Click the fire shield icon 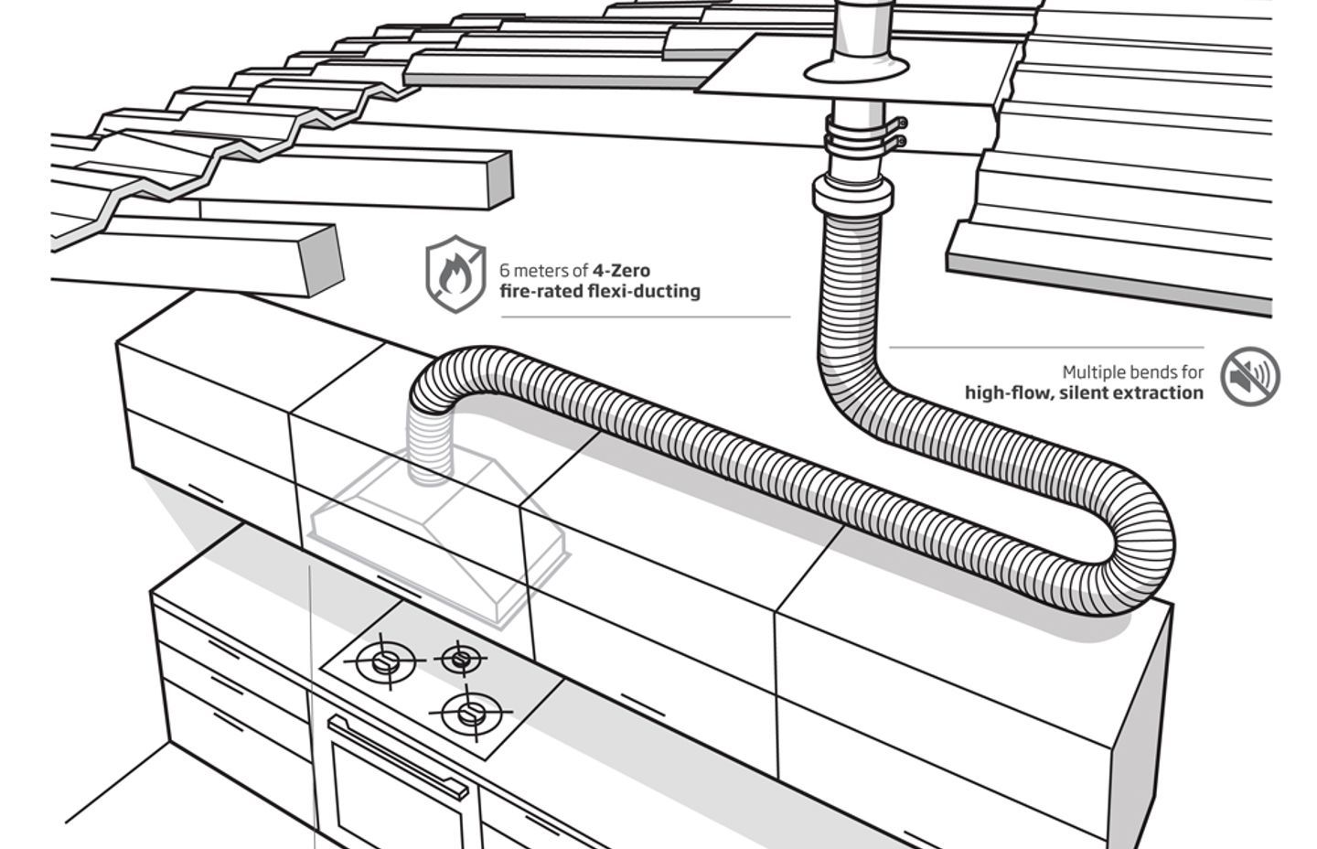pos(455,274)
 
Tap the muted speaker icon pos(1249,376)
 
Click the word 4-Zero pos(621,271)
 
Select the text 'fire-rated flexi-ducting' pos(599,292)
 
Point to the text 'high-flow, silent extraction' pos(1084,393)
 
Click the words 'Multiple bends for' pos(1132,372)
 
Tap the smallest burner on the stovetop pos(460,657)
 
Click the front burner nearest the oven pos(471,712)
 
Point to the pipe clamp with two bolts pos(863,134)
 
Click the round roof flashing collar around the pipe pos(857,69)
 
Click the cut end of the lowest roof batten pos(319,259)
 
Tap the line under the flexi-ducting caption pos(645,317)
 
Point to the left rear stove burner pos(385,661)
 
